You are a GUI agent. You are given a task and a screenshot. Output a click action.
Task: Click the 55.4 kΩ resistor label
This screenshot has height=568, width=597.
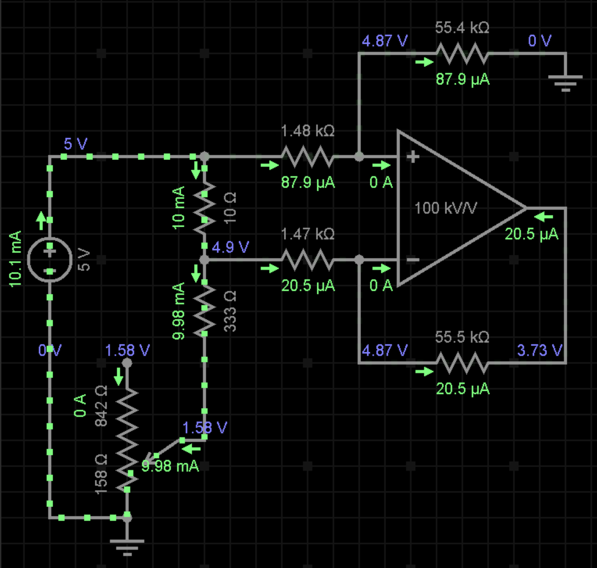462,28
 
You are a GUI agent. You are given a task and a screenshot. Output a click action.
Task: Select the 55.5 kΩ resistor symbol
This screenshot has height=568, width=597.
462,363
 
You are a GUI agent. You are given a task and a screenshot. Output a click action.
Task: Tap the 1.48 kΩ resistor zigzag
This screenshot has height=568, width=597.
307,156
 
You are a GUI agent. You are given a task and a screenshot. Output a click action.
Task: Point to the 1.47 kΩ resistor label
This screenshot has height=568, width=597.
307,234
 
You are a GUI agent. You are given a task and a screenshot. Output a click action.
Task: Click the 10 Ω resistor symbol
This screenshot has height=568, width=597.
205,207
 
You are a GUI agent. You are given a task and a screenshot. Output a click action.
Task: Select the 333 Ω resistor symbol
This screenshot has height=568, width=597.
205,311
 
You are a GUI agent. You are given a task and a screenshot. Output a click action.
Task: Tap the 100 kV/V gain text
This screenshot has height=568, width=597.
446,208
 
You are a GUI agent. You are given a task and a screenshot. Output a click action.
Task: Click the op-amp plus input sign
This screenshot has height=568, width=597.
413,156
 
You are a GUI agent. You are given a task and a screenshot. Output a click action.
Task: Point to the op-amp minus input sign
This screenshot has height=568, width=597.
413,260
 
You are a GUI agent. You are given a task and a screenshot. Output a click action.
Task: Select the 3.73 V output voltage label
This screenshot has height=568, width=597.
540,350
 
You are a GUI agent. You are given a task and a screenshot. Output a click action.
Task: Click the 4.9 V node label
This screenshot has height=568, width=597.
231,246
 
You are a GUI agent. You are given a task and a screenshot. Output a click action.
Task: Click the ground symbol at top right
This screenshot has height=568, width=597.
565,81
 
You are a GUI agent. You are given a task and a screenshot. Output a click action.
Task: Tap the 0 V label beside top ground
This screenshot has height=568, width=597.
540,41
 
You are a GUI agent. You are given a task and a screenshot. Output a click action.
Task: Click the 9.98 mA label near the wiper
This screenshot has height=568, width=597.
170,466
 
